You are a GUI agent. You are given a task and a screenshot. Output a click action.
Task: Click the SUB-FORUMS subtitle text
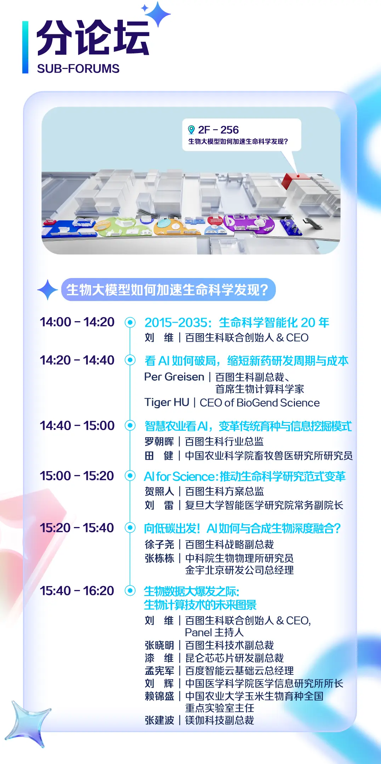78,69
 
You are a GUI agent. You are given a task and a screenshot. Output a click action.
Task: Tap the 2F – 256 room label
218,130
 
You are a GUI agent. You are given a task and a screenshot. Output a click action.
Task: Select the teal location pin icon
191,130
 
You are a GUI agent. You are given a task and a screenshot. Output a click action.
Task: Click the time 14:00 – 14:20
77,322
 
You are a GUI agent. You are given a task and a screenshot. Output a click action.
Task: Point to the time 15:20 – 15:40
77,528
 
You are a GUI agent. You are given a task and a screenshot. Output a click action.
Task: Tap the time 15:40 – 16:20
77,591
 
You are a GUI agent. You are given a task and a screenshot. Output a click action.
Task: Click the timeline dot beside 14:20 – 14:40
130,360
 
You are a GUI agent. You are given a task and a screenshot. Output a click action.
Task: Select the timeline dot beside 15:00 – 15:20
130,476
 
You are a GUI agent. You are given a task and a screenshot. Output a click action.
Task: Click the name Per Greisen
174,377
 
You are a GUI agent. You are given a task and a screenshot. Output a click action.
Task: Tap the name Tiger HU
167,403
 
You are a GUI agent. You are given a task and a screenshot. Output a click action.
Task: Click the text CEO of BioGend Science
260,403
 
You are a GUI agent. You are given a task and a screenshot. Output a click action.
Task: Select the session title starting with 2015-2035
237,323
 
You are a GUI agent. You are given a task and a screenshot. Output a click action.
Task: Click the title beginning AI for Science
244,477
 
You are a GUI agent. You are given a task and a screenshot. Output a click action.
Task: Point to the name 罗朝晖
159,441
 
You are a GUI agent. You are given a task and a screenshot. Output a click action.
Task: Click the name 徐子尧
159,544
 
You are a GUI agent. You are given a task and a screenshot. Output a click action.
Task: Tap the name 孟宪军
159,671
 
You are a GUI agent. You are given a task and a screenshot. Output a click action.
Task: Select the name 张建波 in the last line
159,720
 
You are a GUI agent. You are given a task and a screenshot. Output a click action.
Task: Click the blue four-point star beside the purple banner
48,290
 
